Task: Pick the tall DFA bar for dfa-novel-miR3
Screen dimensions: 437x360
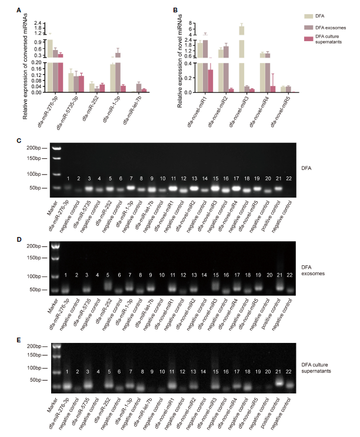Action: tap(242, 59)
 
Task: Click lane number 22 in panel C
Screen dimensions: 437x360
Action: tap(288, 178)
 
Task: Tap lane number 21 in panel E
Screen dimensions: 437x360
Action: tap(278, 372)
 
